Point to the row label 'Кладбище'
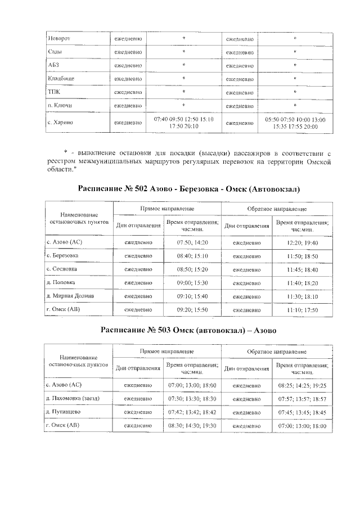coord(61,79)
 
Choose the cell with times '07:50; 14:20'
coord(192,242)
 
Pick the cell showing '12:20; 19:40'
coord(302,242)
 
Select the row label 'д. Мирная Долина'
coord(70,295)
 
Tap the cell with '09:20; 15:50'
coord(192,309)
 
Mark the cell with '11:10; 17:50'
coord(302,309)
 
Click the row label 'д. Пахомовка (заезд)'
coord(74,398)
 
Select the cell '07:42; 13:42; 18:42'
coord(192,412)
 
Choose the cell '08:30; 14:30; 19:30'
coord(192,426)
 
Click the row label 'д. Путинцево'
coord(64,412)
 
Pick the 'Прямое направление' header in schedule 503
coord(167,351)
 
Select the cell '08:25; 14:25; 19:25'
coord(302,385)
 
